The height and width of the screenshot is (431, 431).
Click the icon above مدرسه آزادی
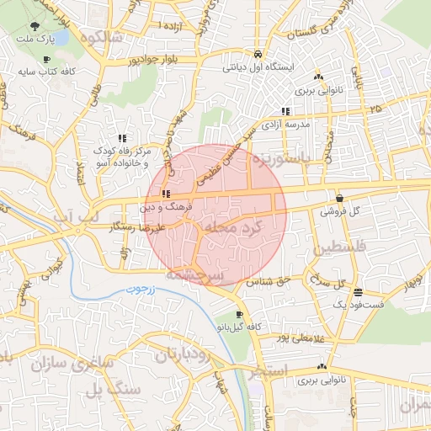285,110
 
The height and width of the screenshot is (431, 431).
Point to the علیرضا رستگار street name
146,227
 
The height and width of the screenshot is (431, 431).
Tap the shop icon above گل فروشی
339,199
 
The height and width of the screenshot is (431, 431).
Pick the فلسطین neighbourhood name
341,250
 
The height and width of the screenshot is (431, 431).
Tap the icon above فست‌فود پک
359,294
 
